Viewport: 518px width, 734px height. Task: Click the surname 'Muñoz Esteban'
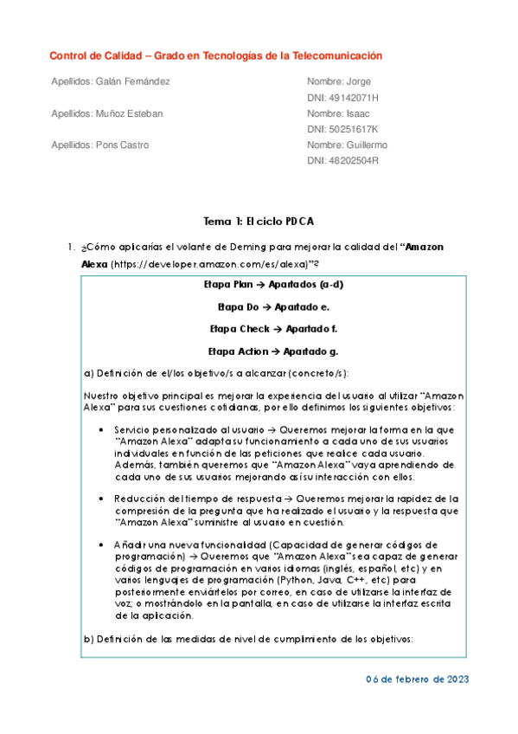127,113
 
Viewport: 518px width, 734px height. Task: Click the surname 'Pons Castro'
121,145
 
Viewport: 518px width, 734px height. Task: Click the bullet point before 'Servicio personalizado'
103,429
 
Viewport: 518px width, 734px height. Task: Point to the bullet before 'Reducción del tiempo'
103,499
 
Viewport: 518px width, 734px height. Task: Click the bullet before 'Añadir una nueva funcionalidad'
103,544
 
